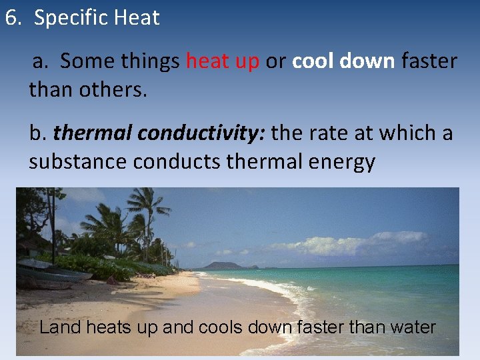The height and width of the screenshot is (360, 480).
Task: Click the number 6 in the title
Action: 11,18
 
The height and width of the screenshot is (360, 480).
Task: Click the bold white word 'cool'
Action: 313,61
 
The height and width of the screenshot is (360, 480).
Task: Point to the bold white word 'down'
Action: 367,61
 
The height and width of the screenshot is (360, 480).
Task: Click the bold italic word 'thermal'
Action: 93,134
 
